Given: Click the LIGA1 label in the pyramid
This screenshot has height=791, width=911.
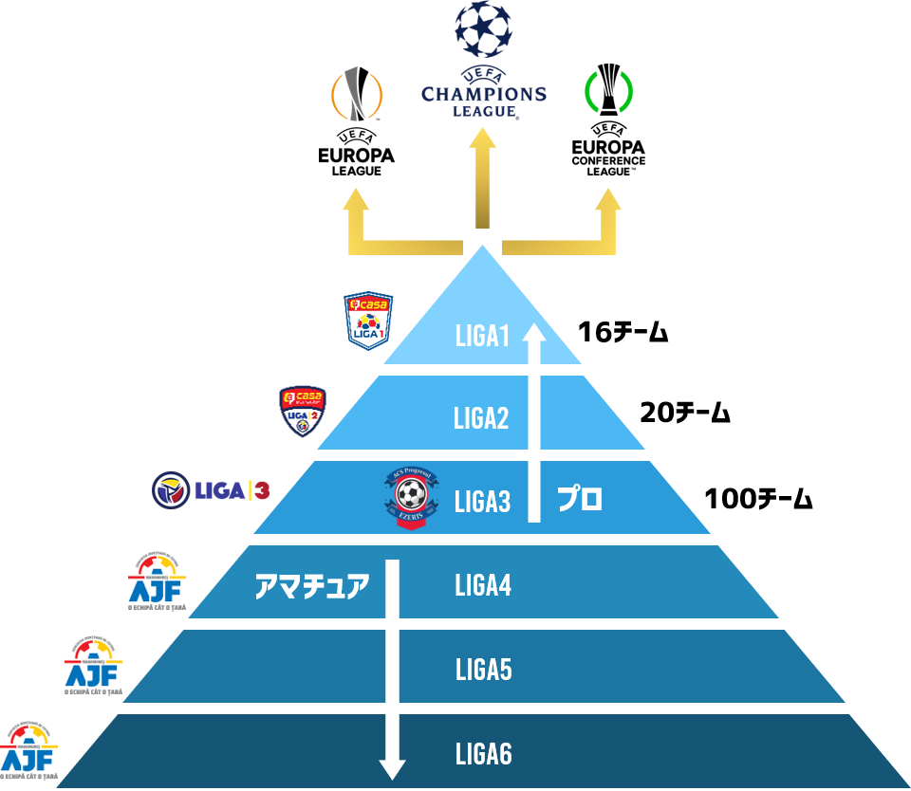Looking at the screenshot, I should [482, 336].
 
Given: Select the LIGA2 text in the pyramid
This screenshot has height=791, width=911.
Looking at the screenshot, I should [481, 418].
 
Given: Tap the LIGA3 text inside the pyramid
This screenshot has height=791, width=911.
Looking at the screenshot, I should [482, 502].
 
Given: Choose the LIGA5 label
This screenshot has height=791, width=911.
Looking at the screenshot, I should [483, 671].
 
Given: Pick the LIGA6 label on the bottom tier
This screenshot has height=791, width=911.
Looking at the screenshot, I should [483, 755].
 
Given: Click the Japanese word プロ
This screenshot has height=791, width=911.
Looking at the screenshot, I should [579, 499].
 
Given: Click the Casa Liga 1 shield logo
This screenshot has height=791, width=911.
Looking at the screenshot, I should [368, 320].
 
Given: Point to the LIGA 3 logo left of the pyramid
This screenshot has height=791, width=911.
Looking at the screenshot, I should [212, 490].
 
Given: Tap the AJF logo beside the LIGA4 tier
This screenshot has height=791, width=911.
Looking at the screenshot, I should [157, 581].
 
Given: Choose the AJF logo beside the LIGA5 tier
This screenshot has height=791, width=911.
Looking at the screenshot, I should [93, 666].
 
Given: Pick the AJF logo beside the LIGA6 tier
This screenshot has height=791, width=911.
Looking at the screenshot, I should [29, 750].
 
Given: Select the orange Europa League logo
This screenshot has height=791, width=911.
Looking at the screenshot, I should [356, 94].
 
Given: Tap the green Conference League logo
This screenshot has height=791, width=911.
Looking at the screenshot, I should [608, 93].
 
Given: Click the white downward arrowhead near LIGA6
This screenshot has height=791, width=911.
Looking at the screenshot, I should [392, 767].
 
